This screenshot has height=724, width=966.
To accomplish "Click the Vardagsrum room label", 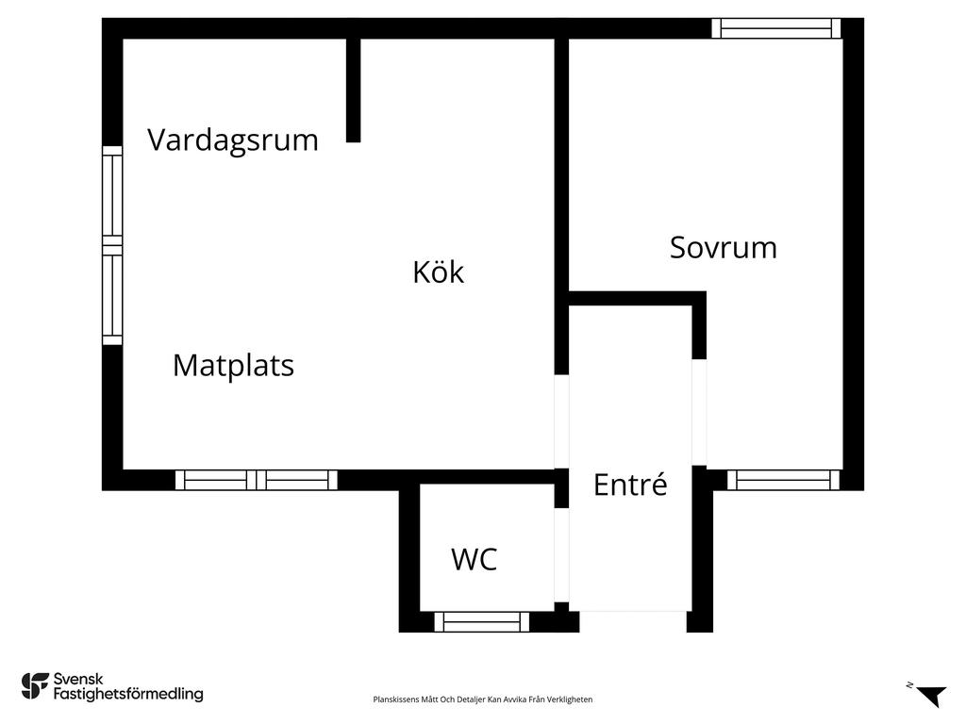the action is point(233,140).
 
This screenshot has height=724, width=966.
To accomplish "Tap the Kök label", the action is point(438,271).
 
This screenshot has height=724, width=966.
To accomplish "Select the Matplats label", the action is point(234,365).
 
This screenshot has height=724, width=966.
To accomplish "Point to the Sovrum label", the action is point(724,248).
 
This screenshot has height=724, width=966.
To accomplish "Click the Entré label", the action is point(630,484).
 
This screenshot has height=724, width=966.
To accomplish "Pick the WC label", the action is point(474,559).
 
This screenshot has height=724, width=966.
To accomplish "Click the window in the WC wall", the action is point(482,622).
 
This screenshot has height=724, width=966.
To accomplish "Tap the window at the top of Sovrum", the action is point(776,28).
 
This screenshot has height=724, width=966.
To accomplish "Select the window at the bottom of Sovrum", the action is point(784,480).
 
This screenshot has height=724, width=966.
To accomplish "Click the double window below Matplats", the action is point(257,480).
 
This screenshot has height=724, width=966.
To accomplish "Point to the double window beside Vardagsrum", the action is point(112,245).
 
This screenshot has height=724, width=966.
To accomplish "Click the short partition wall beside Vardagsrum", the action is point(353,90).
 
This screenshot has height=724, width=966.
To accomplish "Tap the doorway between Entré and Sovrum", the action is point(699,412).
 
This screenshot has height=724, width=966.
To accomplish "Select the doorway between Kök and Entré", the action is point(561,421).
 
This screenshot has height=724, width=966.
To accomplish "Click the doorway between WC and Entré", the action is point(561,554).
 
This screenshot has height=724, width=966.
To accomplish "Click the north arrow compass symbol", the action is point(930,695).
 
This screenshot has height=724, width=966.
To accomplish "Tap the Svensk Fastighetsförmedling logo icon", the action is point(35,686).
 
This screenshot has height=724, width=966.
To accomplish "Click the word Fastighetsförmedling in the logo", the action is point(128,695).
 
